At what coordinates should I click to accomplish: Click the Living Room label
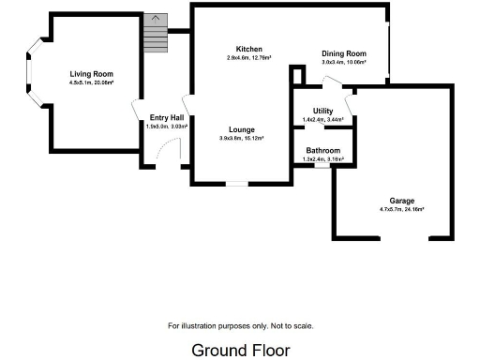(91, 74)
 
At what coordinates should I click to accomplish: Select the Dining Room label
(343, 53)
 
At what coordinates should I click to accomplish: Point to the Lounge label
(242, 129)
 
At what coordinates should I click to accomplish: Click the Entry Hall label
(166, 117)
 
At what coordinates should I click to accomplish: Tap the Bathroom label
(324, 151)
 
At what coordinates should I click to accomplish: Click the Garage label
(402, 201)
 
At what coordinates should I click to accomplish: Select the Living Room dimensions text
(91, 82)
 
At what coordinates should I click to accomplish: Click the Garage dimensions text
(402, 209)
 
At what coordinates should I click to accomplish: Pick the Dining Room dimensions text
(343, 63)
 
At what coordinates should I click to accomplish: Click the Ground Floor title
(241, 350)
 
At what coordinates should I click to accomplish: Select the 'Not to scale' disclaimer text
(241, 326)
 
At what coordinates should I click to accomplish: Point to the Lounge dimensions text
(242, 139)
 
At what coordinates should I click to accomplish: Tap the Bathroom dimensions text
(324, 159)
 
